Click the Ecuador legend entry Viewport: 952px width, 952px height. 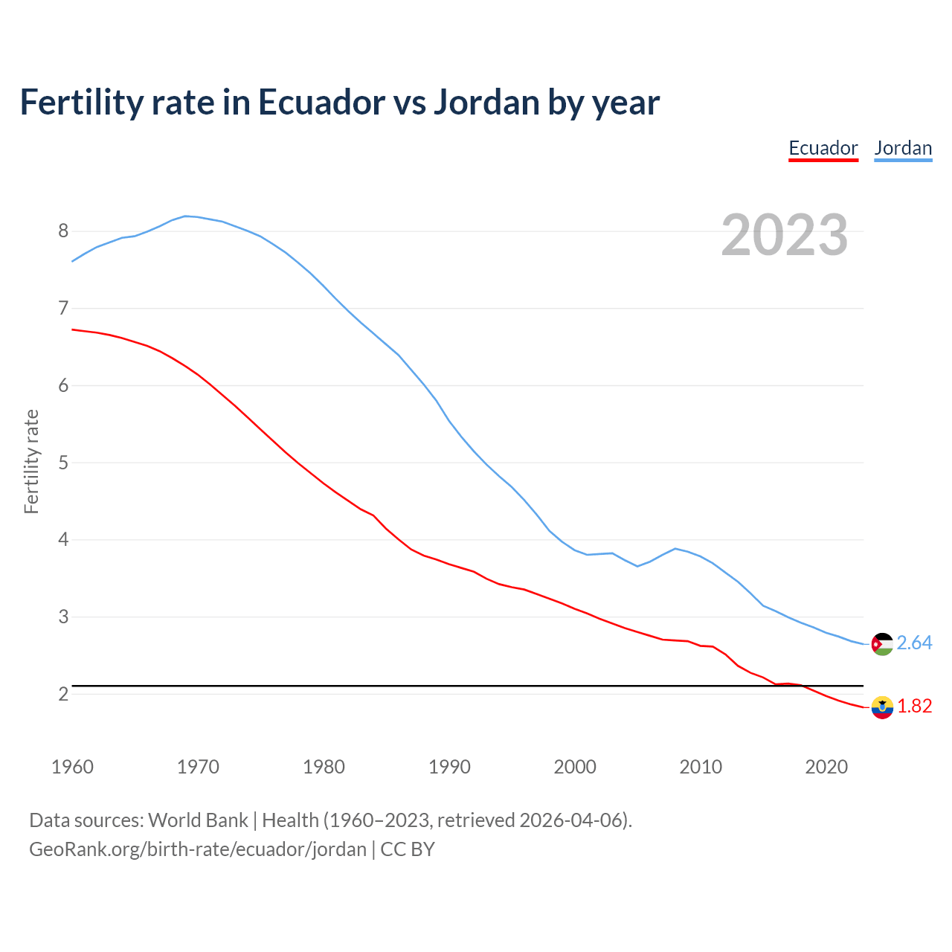pyautogui.click(x=823, y=148)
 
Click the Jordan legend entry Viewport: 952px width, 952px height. pyautogui.click(x=903, y=148)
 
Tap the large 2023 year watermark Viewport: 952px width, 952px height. pyautogui.click(x=785, y=235)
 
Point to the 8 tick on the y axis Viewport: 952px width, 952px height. pyautogui.click(x=63, y=231)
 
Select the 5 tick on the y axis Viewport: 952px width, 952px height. pyautogui.click(x=63, y=463)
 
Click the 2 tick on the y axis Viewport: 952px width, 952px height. pyautogui.click(x=63, y=694)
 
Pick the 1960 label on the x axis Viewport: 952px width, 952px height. pyautogui.click(x=72, y=767)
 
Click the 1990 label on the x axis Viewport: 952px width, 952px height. pyautogui.click(x=449, y=767)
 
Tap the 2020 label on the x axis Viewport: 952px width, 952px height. pyautogui.click(x=826, y=767)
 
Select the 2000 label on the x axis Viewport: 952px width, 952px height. pyautogui.click(x=575, y=767)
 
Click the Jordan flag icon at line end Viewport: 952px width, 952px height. pyautogui.click(x=882, y=644)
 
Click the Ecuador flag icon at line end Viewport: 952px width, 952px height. pyautogui.click(x=882, y=707)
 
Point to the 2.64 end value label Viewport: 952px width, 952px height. pyautogui.click(x=914, y=643)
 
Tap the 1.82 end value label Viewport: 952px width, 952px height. pyautogui.click(x=914, y=706)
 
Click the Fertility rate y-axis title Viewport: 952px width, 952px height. pyautogui.click(x=31, y=461)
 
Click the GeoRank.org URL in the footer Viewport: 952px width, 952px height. pyautogui.click(x=198, y=849)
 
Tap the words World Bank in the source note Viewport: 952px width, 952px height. pyautogui.click(x=198, y=820)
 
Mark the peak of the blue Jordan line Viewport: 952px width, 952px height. pyautogui.click(x=185, y=216)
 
